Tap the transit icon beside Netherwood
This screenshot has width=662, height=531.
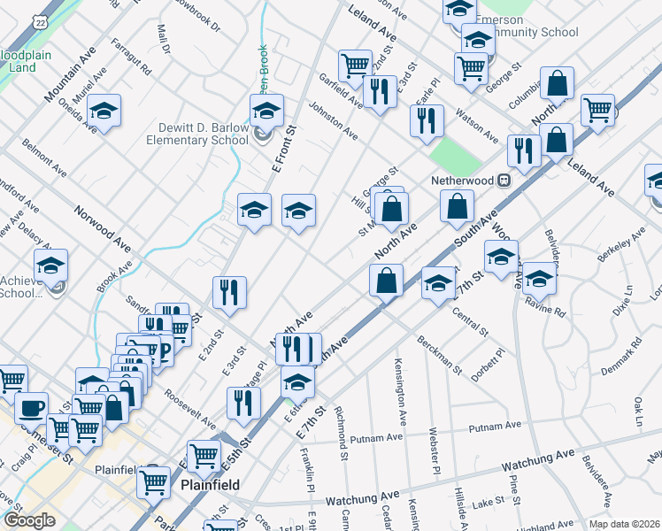tap(504, 180)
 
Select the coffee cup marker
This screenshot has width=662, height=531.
tap(32, 409)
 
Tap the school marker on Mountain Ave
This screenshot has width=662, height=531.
tap(104, 112)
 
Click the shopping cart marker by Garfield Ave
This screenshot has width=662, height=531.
tap(355, 65)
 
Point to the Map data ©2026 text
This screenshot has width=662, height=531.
tap(622, 524)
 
